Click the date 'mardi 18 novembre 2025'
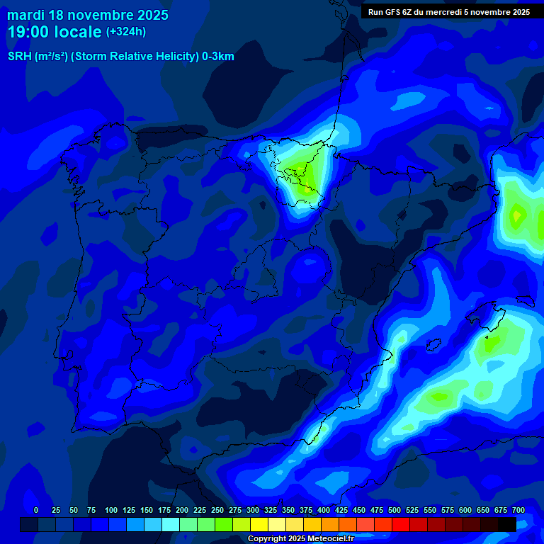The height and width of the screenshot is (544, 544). (88, 15)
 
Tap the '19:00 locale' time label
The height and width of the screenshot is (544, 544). (55, 32)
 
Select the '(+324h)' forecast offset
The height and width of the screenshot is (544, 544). (125, 32)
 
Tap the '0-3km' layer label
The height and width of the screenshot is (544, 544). (218, 57)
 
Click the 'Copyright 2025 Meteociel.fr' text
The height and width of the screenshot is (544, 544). (300, 538)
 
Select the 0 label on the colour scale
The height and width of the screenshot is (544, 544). (36, 510)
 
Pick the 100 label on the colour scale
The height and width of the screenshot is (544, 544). (111, 510)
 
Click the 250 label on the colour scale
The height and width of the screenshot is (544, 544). (217, 510)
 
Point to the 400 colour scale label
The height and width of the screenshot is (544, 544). (324, 510)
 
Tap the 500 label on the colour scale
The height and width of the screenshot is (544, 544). (395, 510)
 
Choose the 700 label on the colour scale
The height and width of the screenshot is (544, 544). (518, 510)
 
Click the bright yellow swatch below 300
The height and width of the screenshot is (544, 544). (259, 524)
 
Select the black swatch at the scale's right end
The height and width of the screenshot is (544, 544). (507, 524)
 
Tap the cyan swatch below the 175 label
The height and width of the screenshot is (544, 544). (171, 524)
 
